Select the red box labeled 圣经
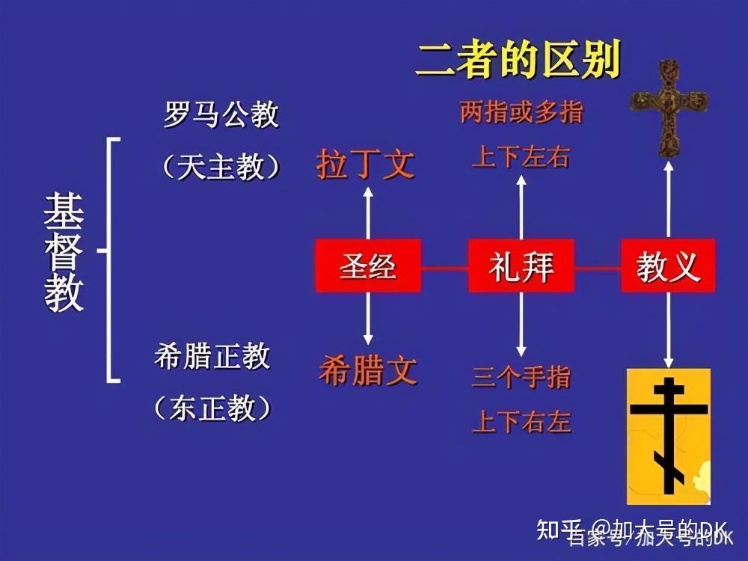pyautogui.click(x=368, y=266)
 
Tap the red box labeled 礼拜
pyautogui.click(x=521, y=266)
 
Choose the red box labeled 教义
pyautogui.click(x=668, y=266)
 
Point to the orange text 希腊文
pyautogui.click(x=367, y=370)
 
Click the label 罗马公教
pyautogui.click(x=221, y=115)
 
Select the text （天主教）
pyautogui.click(x=221, y=166)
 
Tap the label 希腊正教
pyautogui.click(x=212, y=357)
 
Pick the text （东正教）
pyautogui.click(x=212, y=408)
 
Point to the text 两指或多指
pyautogui.click(x=521, y=113)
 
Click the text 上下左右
pyautogui.click(x=521, y=158)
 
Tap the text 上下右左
pyautogui.click(x=521, y=423)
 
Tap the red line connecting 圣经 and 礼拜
pyautogui.click(x=444, y=266)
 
